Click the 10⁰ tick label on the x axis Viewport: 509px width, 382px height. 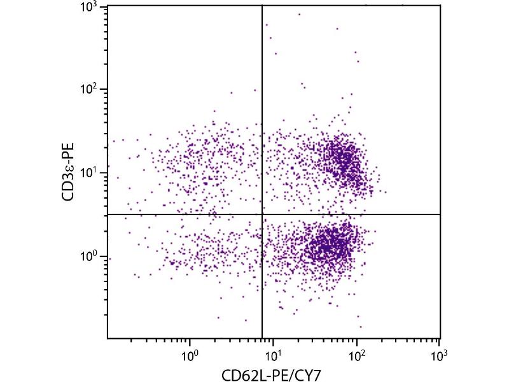pyautogui.click(x=190, y=351)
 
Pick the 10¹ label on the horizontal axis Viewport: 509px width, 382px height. pyautogui.click(x=273, y=351)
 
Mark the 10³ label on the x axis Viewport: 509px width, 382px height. pyautogui.click(x=439, y=351)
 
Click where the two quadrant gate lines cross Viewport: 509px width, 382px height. pyautogui.click(x=262, y=215)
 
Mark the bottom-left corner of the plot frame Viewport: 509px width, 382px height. pyautogui.click(x=107, y=338)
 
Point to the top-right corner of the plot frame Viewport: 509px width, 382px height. pyautogui.click(x=440, y=5)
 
